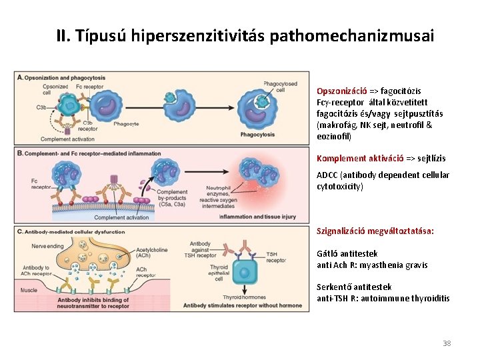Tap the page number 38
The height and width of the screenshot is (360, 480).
tap(447, 343)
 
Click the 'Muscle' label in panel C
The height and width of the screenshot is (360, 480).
tap(29, 291)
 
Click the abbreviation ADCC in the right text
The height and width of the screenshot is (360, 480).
tap(327, 175)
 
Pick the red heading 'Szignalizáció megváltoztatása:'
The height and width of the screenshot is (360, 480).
tap(375, 231)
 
